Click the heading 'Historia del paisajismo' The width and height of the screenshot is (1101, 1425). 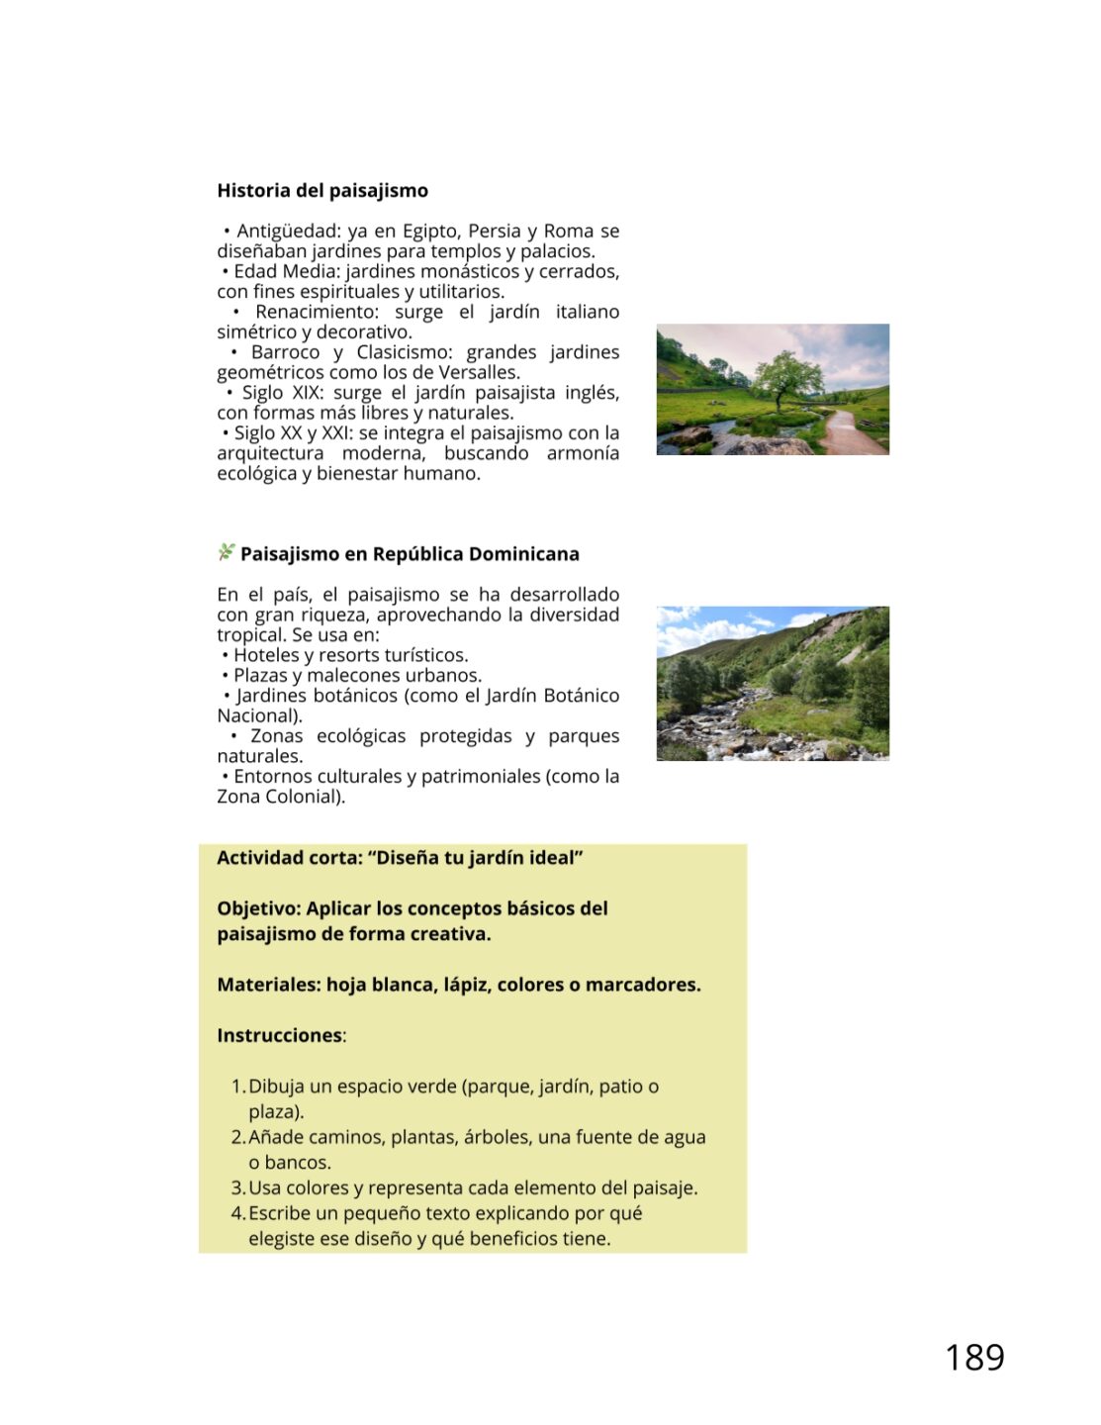click(x=322, y=191)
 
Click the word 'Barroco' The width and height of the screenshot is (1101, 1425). click(x=285, y=352)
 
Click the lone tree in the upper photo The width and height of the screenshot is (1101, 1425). click(x=788, y=379)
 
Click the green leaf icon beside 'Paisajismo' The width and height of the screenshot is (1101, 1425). click(x=227, y=552)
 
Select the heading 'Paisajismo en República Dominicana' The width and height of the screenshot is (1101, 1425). click(x=410, y=554)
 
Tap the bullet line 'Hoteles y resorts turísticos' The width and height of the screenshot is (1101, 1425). click(x=350, y=655)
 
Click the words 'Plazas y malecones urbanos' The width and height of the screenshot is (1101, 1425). click(x=357, y=676)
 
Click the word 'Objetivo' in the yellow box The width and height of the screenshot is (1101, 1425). click(x=257, y=908)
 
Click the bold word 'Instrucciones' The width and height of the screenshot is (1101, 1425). click(x=279, y=1036)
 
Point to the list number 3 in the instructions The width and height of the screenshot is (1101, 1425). click(x=237, y=1188)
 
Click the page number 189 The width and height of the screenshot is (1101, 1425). click(x=974, y=1358)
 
